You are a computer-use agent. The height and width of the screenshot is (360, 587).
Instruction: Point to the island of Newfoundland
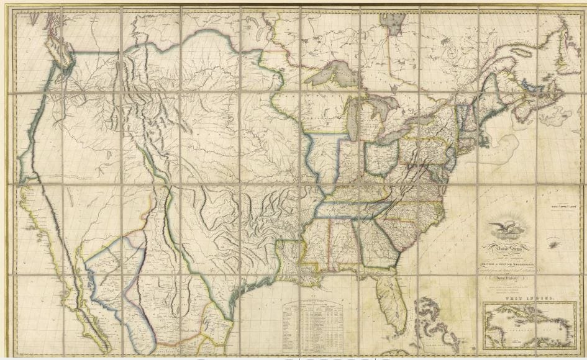568,43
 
